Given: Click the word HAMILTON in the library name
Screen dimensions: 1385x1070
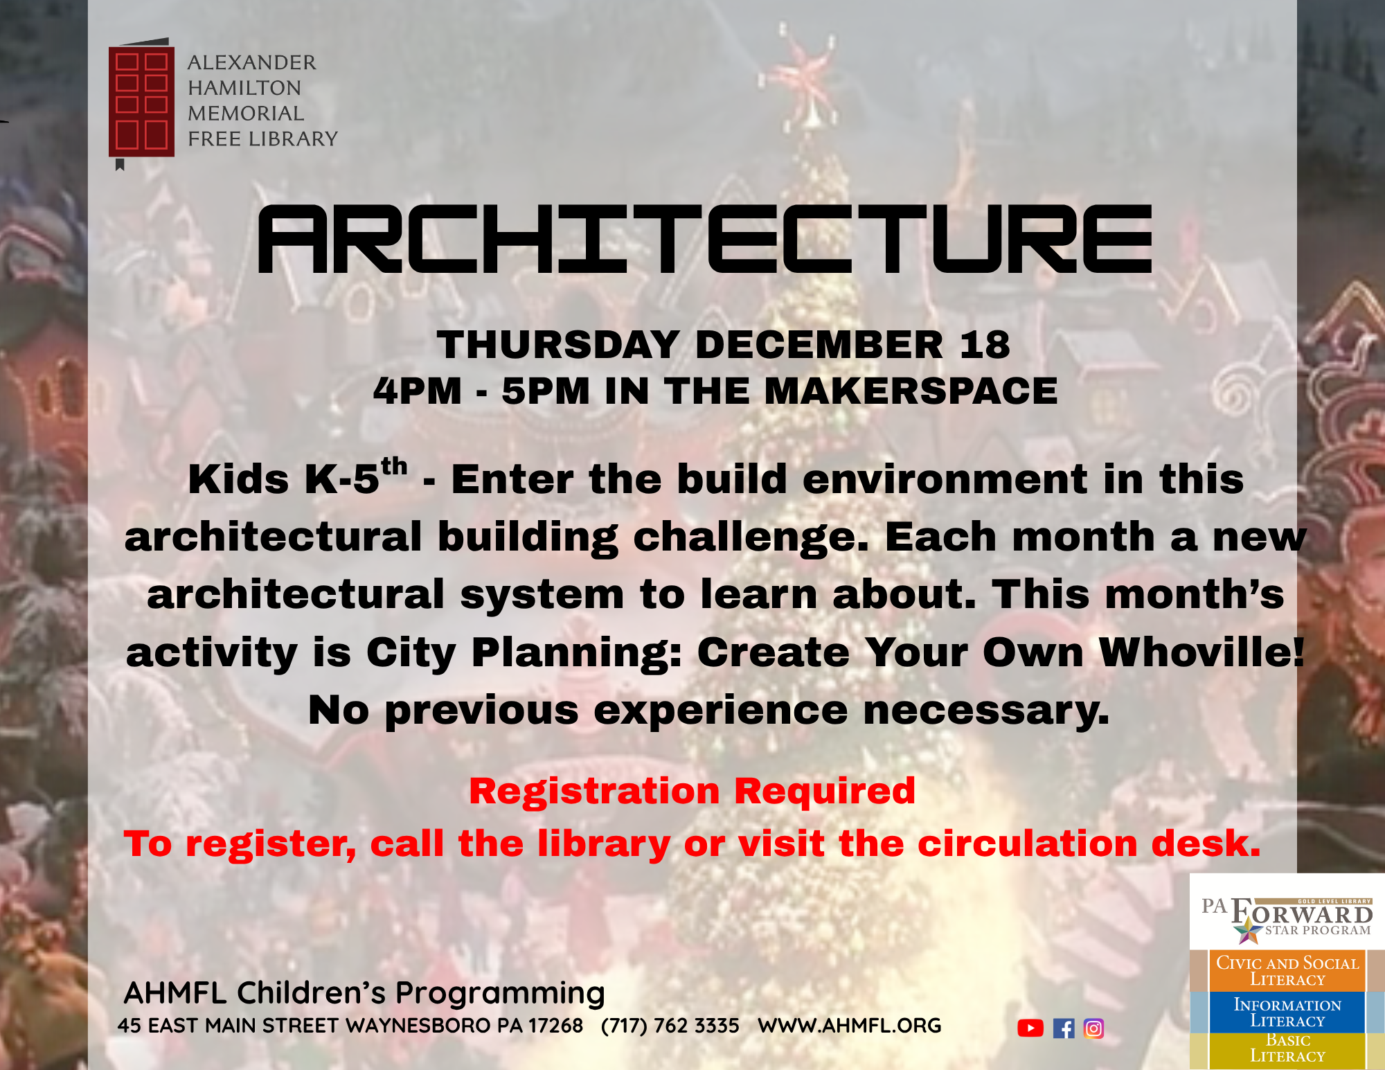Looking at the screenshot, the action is pyautogui.click(x=244, y=88).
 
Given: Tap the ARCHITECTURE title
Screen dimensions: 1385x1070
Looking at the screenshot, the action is pyautogui.click(x=704, y=239).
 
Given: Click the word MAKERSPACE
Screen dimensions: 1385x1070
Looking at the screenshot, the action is pyautogui.click(x=911, y=391).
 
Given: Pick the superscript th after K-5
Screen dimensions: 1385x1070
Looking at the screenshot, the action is pyautogui.click(x=394, y=466).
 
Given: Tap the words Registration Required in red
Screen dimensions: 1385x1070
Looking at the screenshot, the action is pyautogui.click(x=692, y=791).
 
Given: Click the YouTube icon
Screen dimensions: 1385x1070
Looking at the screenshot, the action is pyautogui.click(x=1030, y=1028).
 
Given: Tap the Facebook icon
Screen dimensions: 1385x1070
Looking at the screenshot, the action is pyautogui.click(x=1064, y=1028).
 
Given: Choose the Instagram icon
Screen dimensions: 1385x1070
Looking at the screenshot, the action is pyautogui.click(x=1093, y=1028).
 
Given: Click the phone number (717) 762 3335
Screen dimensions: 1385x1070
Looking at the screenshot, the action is pyautogui.click(x=670, y=1025).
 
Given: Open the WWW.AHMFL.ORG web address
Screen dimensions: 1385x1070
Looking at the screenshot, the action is pyautogui.click(x=850, y=1025).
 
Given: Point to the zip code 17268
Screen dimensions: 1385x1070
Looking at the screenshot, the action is pyautogui.click(x=555, y=1025).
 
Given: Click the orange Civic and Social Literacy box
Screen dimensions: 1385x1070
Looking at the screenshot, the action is pyautogui.click(x=1287, y=970).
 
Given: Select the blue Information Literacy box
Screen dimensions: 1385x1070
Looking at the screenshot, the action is pyautogui.click(x=1287, y=1012).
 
